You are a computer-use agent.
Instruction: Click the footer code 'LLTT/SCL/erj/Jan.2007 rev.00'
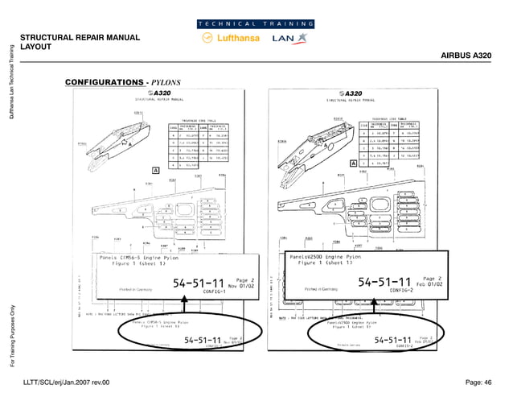click(x=77, y=381)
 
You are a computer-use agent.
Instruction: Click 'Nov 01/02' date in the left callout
click(x=240, y=283)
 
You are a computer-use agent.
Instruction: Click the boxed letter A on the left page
click(x=154, y=171)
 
